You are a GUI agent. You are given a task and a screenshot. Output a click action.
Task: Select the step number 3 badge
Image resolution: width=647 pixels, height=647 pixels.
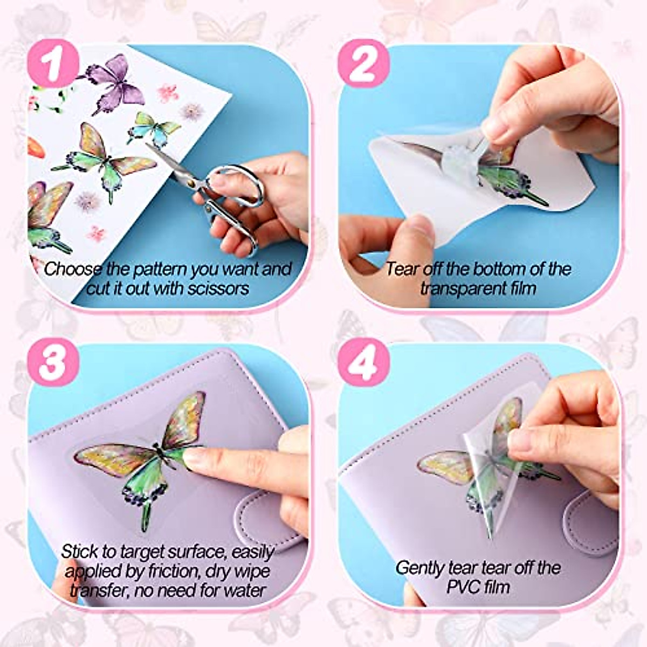coord(53,363)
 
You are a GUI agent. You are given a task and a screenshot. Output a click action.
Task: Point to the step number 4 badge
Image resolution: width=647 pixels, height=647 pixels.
coord(363,363)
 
